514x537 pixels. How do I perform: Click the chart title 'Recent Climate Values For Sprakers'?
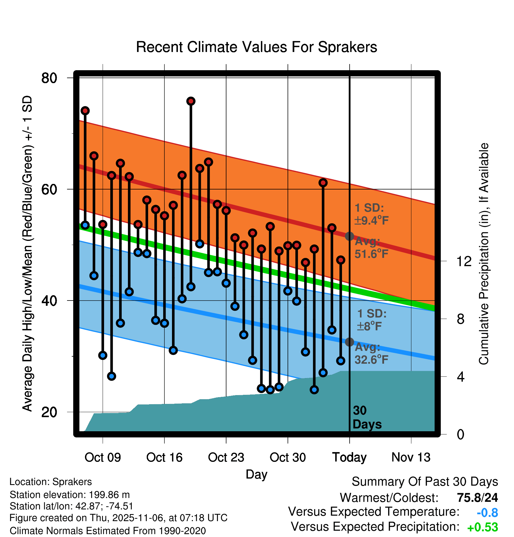(256, 47)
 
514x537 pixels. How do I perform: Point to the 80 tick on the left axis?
(49, 78)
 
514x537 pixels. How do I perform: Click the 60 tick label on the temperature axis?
(49, 189)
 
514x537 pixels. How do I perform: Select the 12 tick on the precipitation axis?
(464, 261)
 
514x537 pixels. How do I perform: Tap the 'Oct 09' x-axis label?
(103, 457)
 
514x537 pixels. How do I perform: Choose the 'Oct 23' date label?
(226, 457)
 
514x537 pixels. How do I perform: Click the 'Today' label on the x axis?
(349, 457)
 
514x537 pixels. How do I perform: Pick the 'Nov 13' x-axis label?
(411, 457)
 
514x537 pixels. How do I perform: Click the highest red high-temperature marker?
(191, 101)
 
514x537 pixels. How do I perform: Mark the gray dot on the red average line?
(349, 236)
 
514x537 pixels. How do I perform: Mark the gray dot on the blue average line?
(349, 342)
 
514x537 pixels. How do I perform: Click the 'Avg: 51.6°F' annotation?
(371, 248)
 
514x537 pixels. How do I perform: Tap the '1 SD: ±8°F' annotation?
(371, 320)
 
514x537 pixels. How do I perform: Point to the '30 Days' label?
(366, 417)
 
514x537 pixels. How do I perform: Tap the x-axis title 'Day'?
(256, 474)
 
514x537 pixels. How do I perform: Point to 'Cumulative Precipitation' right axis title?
(484, 254)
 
